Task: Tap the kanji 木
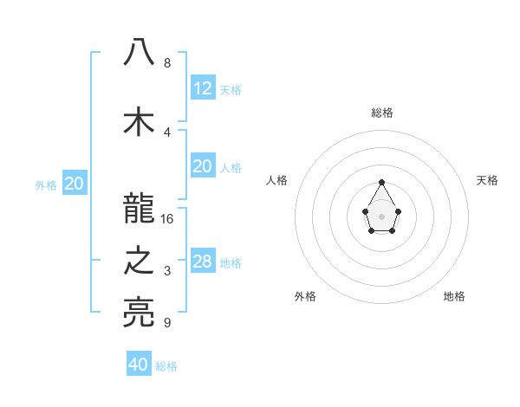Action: coord(139,121)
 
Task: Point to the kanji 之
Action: coord(139,261)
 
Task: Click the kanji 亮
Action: coord(139,313)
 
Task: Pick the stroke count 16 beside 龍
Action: coord(167,218)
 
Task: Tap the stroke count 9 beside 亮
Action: coord(166,323)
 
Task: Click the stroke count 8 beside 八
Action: coord(166,62)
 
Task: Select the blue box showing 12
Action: coord(203,88)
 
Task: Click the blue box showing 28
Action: coord(203,262)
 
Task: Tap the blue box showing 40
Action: coord(139,365)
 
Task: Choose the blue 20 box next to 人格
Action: coord(203,166)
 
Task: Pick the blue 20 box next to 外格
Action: coord(74,184)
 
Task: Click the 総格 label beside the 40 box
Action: coord(166,366)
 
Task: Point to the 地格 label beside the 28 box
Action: coord(231,263)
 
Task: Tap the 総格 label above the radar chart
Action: coord(381,113)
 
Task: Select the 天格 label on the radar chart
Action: coord(487,180)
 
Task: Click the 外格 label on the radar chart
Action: coord(305,296)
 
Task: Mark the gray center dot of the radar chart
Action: coord(381,216)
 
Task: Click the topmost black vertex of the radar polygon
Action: coord(381,182)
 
